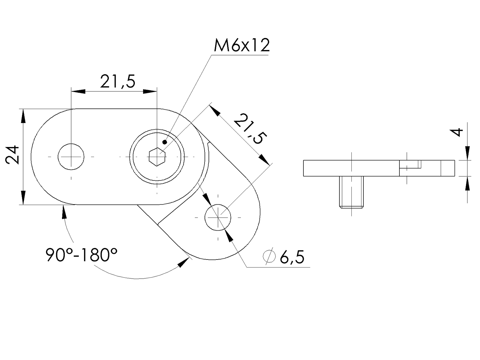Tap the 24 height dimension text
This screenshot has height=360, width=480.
13,155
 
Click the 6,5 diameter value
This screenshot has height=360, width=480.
292,258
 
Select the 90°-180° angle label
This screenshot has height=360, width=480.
81,255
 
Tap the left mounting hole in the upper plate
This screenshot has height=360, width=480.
71,157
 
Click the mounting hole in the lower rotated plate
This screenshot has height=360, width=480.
218,217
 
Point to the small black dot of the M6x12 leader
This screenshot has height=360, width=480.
164,142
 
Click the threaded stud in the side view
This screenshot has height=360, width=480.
351,192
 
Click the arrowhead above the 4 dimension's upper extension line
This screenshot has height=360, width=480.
467,153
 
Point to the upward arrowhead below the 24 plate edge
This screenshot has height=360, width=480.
63,212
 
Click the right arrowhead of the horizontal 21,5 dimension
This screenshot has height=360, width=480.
150,91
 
